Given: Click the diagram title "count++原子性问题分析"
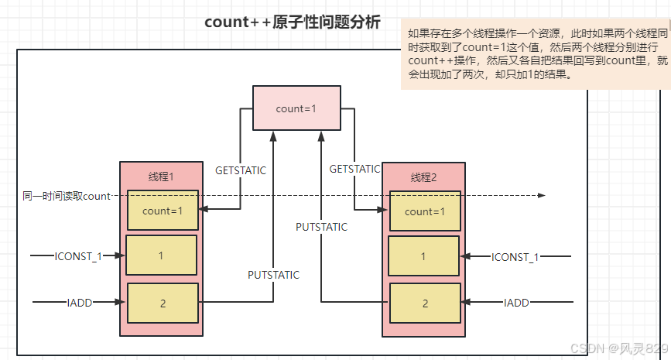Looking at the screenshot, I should tap(293, 22).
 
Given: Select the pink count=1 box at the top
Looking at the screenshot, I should tap(296, 108).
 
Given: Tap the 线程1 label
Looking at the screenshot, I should tap(161, 177).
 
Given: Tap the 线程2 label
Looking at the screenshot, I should tap(424, 177).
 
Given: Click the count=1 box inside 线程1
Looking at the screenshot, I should tap(163, 210).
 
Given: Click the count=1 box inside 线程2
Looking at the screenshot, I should tap(425, 211).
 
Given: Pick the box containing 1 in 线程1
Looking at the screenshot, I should tap(161, 255).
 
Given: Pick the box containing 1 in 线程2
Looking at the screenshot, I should tap(424, 255).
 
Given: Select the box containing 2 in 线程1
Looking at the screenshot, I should tap(163, 303).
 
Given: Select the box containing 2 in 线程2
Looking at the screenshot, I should tap(425, 303).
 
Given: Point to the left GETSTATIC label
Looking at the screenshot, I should tap(241, 170).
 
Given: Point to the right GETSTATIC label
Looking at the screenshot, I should tap(354, 168).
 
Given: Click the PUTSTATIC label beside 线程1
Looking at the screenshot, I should tap(273, 274).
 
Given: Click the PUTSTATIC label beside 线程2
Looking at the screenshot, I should tap(321, 227).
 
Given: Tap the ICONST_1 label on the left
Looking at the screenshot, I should tap(78, 255).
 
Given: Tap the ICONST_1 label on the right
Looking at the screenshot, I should tap(515, 256).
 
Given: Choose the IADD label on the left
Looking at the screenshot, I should tap(80, 303).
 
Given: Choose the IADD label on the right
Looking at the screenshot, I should tap(516, 303).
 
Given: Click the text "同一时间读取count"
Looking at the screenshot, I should tap(67, 196).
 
